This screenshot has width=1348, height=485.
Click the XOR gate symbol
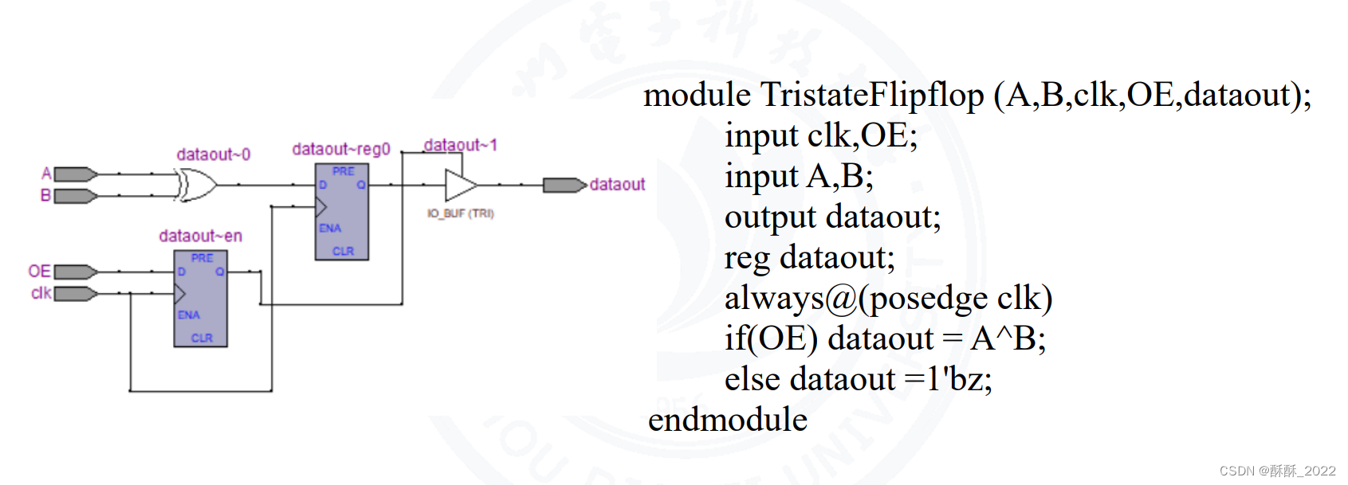pos(196,185)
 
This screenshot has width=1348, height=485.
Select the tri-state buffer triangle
pos(460,185)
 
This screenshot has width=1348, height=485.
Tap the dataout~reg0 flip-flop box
pos(341,212)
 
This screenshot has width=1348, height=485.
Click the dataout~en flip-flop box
pos(200,299)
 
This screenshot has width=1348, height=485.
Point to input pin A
pos(75,174)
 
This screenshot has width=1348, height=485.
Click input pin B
pos(75,195)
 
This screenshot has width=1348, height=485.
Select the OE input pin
pos(75,272)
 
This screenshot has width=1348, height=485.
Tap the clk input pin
pos(75,293)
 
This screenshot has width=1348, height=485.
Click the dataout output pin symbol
pos(564,185)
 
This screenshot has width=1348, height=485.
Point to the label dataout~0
pos(213,154)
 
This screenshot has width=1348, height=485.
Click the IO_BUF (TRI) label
pos(461,213)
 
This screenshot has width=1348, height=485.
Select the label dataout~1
pos(460,145)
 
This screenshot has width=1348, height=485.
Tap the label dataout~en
pos(200,236)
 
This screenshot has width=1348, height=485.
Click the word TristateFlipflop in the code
pos(872,95)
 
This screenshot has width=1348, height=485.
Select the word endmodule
pos(727,420)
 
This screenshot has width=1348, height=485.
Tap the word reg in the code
pos(747,258)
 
